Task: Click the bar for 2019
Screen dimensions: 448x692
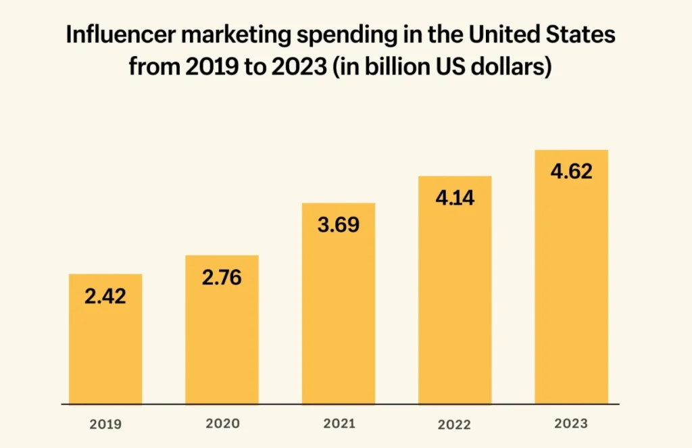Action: [105, 351]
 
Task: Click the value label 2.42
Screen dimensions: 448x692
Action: [105, 296]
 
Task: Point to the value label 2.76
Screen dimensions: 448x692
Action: [222, 277]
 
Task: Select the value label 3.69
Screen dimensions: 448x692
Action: [338, 224]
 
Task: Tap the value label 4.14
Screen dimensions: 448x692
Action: [455, 198]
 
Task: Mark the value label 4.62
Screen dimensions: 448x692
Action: [571, 172]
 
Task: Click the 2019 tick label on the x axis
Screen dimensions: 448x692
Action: [105, 425]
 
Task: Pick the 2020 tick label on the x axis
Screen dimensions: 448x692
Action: [222, 424]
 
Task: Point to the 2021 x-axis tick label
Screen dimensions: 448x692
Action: [338, 424]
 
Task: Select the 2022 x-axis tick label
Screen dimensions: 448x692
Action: [455, 425]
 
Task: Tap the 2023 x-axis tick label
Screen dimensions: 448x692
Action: [571, 424]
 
